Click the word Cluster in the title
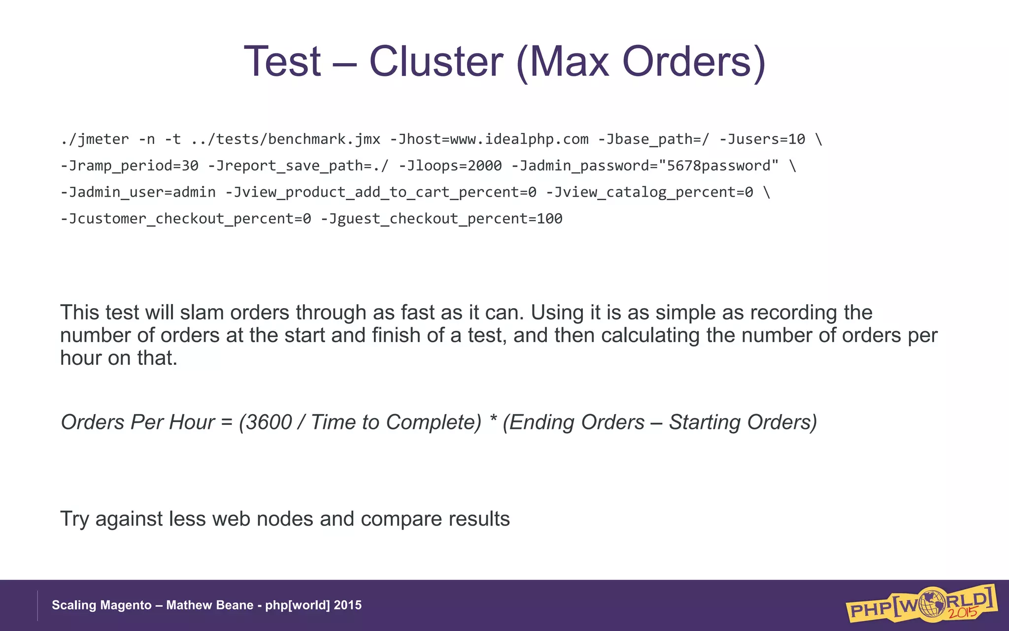click(x=436, y=62)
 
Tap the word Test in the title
click(x=282, y=62)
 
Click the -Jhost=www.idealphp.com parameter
click(x=489, y=140)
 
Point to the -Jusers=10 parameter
click(x=762, y=140)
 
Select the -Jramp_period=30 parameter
click(x=129, y=166)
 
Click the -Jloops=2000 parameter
click(x=450, y=166)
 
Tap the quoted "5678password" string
click(x=718, y=166)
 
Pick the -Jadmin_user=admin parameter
click(x=138, y=192)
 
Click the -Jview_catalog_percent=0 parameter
click(x=649, y=192)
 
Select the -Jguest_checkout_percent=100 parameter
click(x=441, y=218)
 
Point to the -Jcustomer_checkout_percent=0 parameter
click(x=185, y=218)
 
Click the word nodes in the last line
click(x=285, y=519)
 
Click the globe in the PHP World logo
click(x=931, y=602)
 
